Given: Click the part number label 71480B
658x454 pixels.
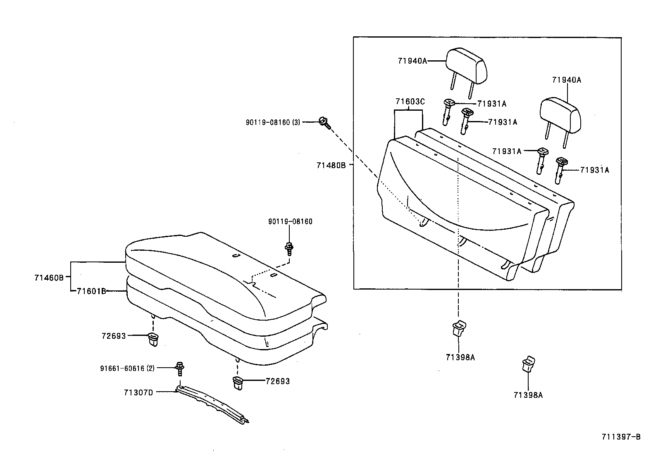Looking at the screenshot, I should click(331, 166).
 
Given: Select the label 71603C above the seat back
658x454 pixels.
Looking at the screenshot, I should click(410, 102).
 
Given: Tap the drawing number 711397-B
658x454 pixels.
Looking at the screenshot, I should click(621, 437).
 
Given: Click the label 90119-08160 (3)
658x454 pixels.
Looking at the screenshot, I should click(272, 122).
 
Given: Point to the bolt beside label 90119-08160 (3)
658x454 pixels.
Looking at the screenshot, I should click(324, 122).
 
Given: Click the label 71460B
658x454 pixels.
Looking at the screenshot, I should click(49, 278).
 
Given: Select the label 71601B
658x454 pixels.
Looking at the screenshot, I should click(91, 291).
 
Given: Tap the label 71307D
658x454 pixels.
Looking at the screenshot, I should click(138, 392).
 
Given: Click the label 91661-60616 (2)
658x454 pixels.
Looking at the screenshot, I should click(127, 368).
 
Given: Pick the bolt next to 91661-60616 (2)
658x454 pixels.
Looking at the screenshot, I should click(180, 368).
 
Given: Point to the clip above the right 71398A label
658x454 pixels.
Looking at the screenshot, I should click(528, 364).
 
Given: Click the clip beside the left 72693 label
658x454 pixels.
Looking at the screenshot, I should click(153, 339).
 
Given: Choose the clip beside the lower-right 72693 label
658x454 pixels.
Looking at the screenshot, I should click(238, 383).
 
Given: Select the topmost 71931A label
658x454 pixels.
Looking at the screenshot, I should click(491, 104).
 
